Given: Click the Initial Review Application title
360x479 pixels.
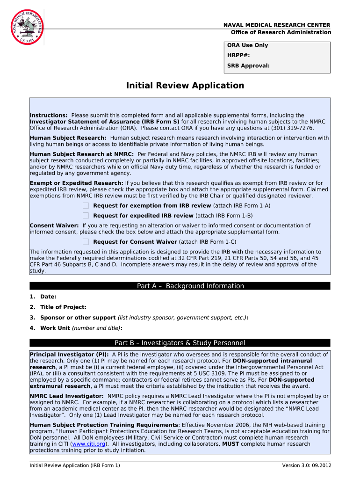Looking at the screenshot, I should pos(185,86).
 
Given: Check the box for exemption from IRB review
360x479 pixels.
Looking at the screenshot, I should pos(86,206).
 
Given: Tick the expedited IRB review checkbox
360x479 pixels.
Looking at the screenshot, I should pos(86,216).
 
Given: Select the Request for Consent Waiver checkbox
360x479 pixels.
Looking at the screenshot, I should pos(86,242).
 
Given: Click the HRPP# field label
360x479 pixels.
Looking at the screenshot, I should pos(238,55).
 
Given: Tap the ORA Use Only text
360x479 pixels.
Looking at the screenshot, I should pos(247,45).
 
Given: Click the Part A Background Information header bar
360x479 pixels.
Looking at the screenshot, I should pos(180,286).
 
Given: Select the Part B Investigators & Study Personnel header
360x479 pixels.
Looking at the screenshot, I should pos(180,343).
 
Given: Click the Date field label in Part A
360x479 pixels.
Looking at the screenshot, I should pos(48,297).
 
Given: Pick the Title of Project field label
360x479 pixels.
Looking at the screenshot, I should pos(63,307).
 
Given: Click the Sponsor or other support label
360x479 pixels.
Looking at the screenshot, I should pos(78,318).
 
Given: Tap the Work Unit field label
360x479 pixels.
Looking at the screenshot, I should pos(55,328).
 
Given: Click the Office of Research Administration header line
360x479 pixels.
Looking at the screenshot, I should pos(281,32).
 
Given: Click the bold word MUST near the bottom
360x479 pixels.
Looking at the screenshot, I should pos(230,444).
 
